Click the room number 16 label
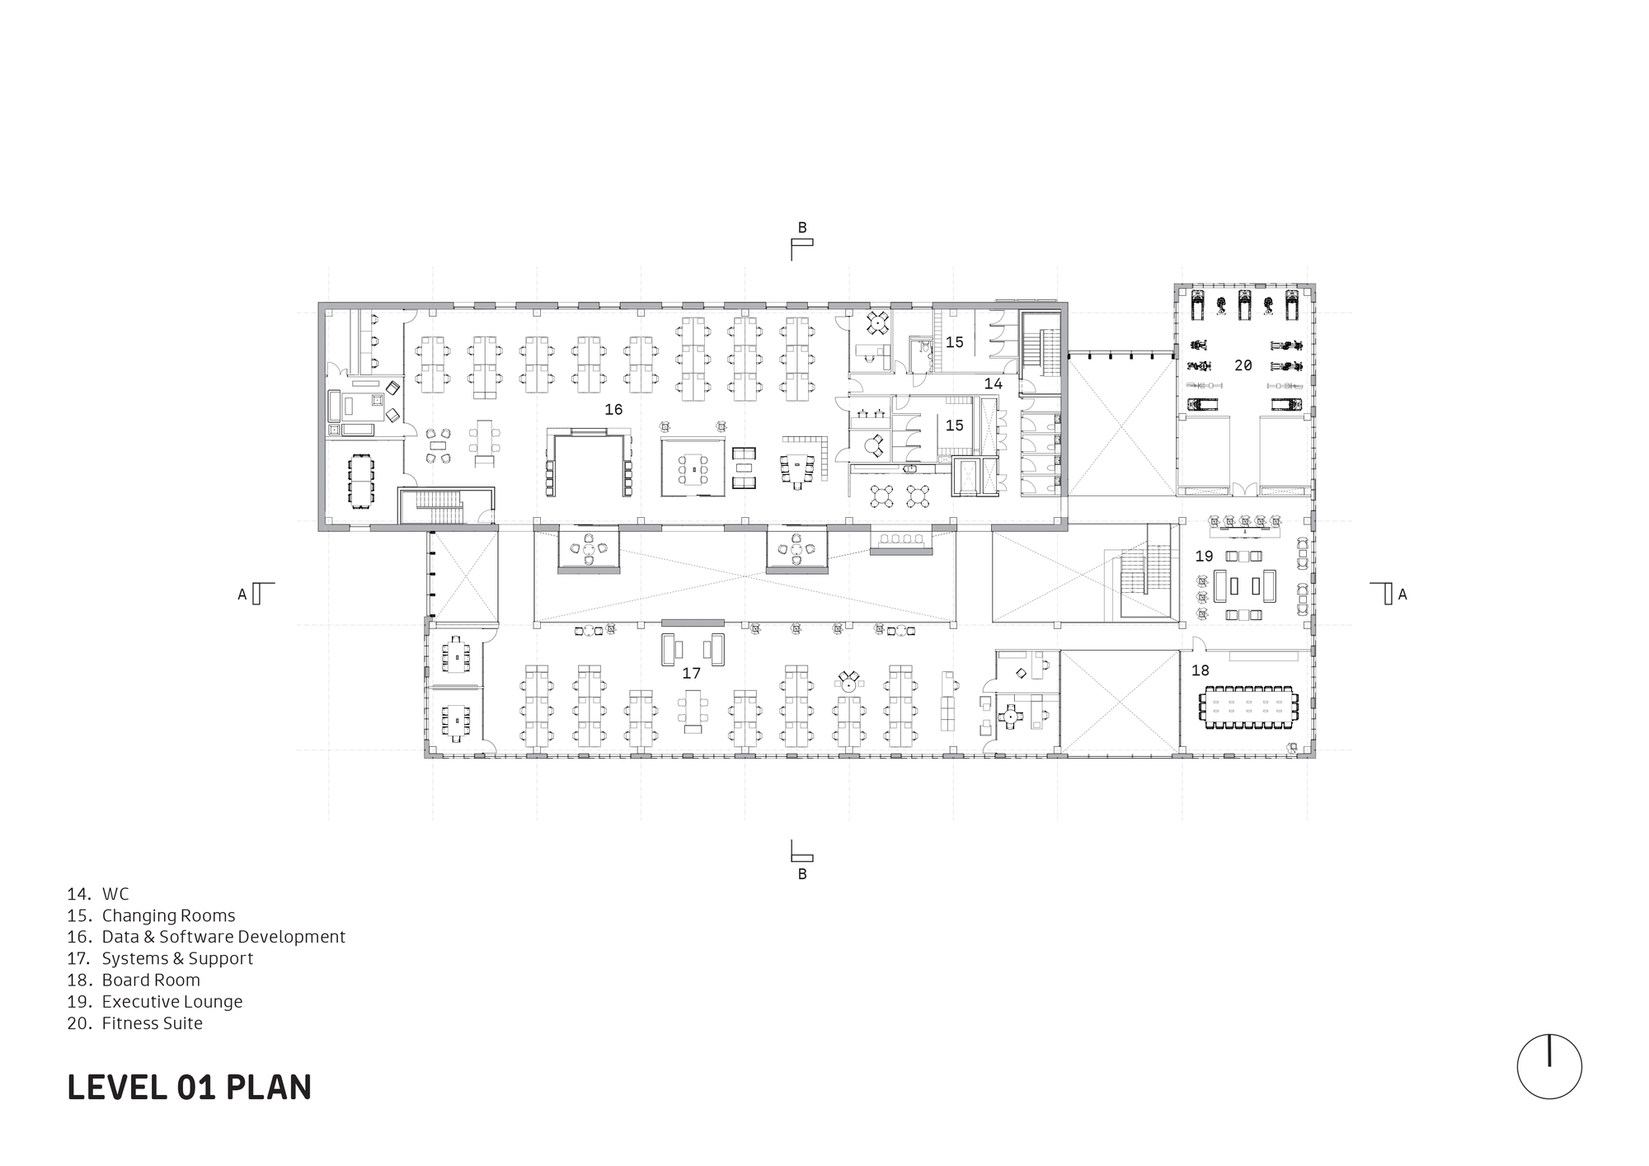[613, 410]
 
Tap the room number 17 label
[691, 674]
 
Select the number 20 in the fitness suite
[1243, 365]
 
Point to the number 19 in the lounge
[1205, 557]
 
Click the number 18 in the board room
[1200, 671]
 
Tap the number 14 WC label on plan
[993, 384]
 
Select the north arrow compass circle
[1549, 1066]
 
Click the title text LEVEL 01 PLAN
[189, 1088]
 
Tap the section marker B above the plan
[801, 228]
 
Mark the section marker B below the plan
[801, 874]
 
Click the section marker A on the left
[242, 594]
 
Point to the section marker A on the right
[1402, 594]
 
